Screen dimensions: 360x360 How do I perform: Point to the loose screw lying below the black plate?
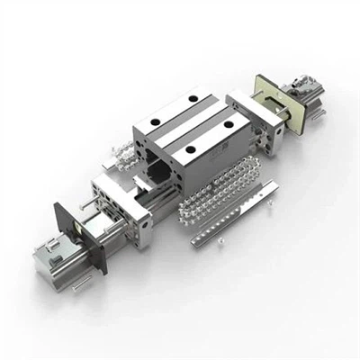tap(80, 285)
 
